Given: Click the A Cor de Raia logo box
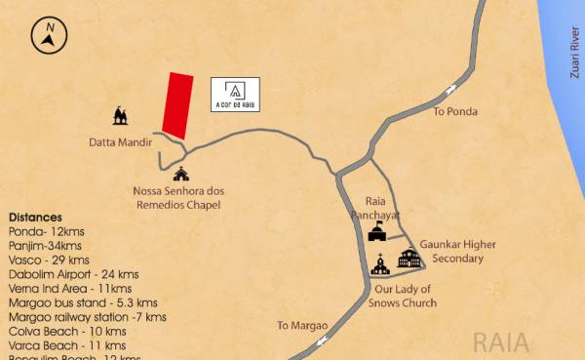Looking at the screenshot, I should [235, 94].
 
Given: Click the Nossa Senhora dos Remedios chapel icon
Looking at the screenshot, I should [180, 175].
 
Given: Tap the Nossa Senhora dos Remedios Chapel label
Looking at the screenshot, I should [178, 198].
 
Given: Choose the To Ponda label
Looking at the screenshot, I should [455, 111].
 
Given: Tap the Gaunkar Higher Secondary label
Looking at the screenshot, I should [451, 252].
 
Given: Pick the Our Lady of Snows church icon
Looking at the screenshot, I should [379, 263].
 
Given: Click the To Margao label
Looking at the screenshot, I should [301, 325].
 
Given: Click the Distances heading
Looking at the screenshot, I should [35, 217].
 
